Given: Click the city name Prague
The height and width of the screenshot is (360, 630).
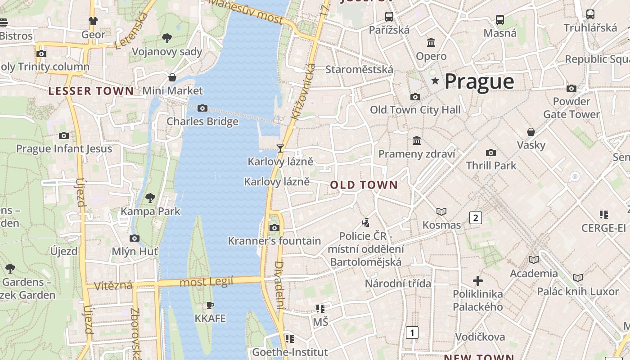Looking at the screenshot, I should point(479,81).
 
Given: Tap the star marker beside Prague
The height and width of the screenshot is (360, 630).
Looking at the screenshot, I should point(435,81).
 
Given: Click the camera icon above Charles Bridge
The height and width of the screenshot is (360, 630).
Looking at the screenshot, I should point(202,108).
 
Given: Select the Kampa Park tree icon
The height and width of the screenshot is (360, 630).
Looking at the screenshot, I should point(150,198).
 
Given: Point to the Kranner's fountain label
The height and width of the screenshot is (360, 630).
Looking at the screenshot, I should point(274,241).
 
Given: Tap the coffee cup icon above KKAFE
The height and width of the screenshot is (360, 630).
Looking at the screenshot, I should point(210,306).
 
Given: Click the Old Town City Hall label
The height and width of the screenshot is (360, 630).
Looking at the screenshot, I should point(415,110).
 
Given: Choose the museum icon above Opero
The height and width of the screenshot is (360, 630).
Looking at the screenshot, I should point(431,43).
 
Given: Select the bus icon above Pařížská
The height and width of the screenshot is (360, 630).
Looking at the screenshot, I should point(389,17).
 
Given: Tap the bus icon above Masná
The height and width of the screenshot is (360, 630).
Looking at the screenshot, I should point(499,20).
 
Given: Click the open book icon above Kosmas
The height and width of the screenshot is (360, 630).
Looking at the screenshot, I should point(441,211).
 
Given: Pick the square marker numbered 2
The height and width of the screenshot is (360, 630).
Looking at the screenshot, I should point(475,218).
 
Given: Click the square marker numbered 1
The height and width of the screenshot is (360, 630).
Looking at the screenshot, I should point(412,333).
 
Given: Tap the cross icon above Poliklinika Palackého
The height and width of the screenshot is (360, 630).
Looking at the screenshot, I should point(478,281).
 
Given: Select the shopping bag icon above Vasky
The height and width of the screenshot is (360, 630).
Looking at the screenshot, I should point(531,132).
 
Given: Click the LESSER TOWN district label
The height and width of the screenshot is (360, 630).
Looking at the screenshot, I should point(91,91).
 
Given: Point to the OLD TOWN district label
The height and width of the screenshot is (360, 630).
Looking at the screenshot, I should point(364,185).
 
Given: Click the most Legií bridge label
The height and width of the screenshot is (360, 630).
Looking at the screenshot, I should point(207,282).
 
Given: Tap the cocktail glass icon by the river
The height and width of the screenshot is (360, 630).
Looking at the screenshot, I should point(280,148).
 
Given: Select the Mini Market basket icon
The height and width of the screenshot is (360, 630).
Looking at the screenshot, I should point(172,77).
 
